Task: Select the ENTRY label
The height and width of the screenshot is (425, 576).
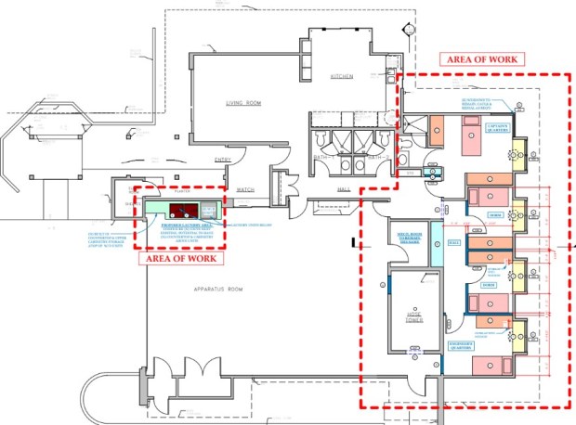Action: [222, 160]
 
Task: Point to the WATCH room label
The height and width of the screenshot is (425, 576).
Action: [245, 189]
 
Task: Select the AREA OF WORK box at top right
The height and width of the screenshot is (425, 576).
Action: [485, 58]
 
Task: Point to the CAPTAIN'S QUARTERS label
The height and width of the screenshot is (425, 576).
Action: [497, 128]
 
